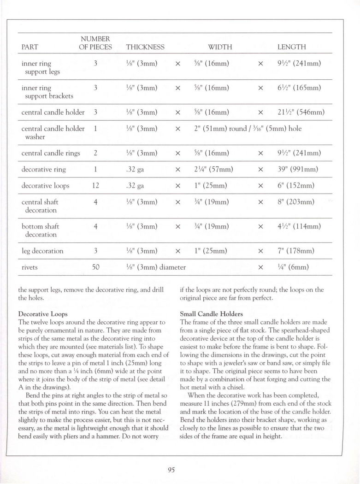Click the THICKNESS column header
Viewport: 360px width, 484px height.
tap(145, 47)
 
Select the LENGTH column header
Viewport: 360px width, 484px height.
tap(291, 47)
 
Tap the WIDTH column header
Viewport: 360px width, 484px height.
tap(220, 47)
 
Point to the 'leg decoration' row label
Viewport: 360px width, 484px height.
tap(42, 251)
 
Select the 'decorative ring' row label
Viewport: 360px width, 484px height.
tap(44, 169)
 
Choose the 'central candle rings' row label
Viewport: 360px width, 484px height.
tap(51, 153)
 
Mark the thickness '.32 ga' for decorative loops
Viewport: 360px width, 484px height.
tap(135, 186)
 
